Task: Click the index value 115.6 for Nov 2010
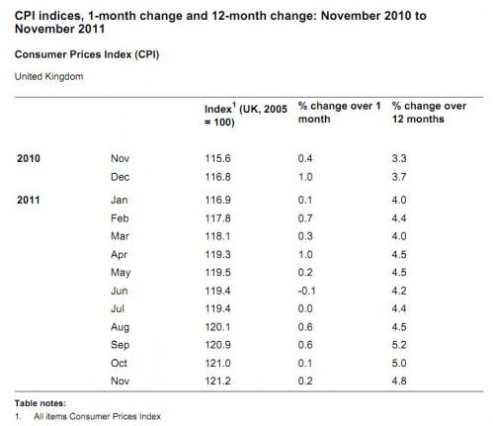(x=217, y=158)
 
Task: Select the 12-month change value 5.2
(x=399, y=345)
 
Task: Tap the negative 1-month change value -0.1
(x=306, y=291)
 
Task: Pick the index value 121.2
(x=217, y=381)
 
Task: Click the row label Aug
(x=121, y=327)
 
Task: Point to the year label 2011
(x=29, y=200)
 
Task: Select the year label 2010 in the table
(x=29, y=158)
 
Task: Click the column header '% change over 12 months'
(x=429, y=113)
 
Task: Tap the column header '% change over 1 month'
(x=339, y=113)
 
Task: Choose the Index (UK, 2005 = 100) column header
(x=246, y=115)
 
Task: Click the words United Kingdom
(x=48, y=76)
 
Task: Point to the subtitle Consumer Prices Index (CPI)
(x=87, y=54)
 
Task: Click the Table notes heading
(x=41, y=403)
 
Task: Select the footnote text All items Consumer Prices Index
(x=97, y=416)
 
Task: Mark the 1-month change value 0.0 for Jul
(x=305, y=308)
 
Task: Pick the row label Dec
(x=121, y=177)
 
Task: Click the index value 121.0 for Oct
(x=217, y=363)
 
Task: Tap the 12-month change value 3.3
(x=399, y=158)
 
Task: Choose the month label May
(x=121, y=273)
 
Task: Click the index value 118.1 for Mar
(x=217, y=236)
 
